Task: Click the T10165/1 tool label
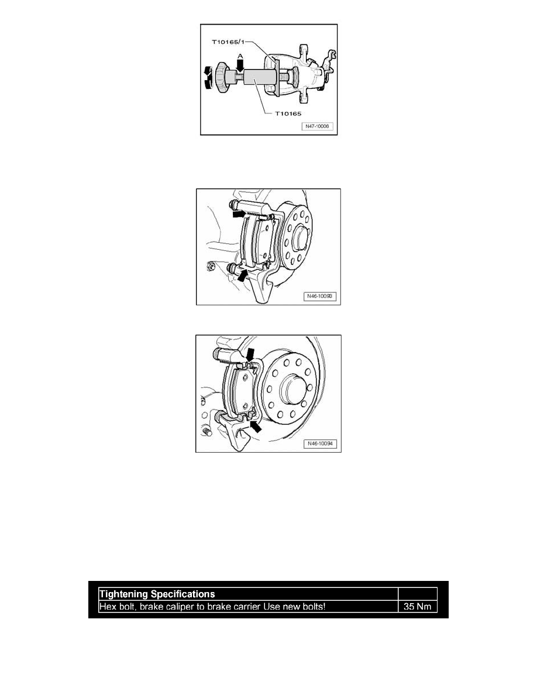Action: [227, 42]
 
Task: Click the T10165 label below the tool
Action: [288, 113]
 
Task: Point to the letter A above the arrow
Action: [240, 56]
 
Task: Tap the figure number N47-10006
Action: [317, 126]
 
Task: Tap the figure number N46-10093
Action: [320, 295]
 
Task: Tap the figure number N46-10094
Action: [320, 443]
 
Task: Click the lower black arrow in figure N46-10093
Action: [242, 276]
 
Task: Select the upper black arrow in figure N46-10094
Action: [251, 354]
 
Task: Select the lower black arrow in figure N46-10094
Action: [256, 426]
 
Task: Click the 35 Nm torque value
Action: [417, 606]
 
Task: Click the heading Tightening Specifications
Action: [157, 594]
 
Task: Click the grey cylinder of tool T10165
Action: [259, 78]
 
